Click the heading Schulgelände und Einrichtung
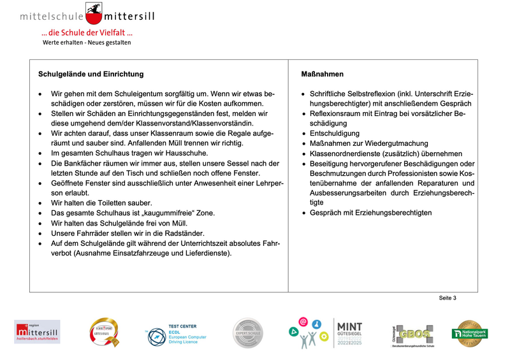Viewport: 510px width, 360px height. tap(91, 75)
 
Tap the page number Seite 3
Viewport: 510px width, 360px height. tap(447, 298)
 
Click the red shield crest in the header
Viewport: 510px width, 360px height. tap(95, 12)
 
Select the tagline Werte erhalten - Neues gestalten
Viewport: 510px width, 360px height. tap(87, 43)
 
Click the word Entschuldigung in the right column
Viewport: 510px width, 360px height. tap(334, 133)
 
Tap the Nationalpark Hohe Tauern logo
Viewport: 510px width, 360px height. tap(470, 333)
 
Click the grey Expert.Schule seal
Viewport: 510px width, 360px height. tap(247, 333)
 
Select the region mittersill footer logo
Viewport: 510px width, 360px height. tap(37, 333)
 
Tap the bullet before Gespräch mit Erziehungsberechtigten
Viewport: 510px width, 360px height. tap(303, 213)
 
